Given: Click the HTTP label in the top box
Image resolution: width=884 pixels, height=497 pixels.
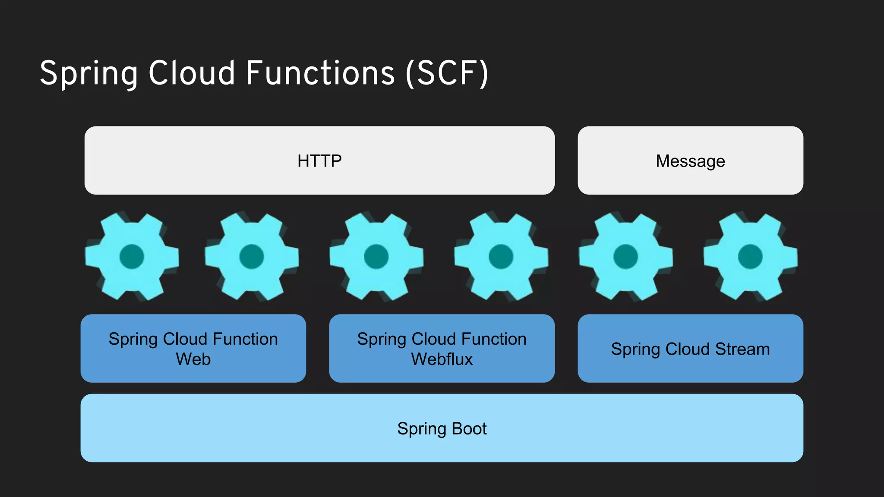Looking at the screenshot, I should click(319, 161).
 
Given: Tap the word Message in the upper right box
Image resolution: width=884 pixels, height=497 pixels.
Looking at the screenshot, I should click(690, 161).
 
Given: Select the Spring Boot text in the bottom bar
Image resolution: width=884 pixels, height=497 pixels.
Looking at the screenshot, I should click(442, 428).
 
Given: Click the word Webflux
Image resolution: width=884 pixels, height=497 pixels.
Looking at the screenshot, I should click(442, 359).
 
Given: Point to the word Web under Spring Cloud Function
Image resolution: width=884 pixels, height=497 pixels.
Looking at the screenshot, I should click(193, 359).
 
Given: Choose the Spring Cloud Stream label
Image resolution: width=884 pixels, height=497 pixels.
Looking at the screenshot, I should click(690, 349).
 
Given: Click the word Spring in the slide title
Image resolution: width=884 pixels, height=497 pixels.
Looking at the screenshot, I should click(89, 73).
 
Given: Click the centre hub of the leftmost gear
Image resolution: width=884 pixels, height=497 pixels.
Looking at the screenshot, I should click(132, 256).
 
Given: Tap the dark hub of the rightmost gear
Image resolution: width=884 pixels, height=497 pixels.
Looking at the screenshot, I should click(750, 256).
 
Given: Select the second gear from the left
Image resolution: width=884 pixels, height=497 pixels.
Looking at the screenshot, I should click(252, 256).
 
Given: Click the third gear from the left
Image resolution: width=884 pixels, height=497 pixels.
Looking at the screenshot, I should click(376, 256).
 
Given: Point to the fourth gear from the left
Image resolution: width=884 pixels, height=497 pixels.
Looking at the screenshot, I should click(501, 256).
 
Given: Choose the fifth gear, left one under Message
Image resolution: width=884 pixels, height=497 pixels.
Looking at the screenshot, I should click(625, 256).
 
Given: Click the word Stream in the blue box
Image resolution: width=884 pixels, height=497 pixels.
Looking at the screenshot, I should click(742, 349).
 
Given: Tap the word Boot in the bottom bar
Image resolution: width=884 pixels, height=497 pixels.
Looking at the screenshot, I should click(469, 428).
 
